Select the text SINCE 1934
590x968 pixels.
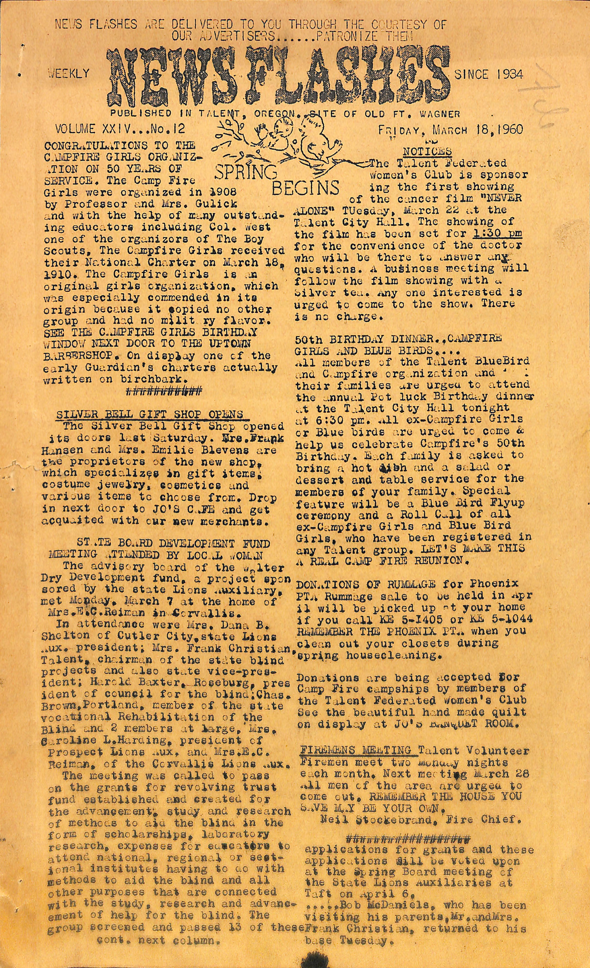(489, 74)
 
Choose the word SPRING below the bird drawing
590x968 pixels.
(246, 172)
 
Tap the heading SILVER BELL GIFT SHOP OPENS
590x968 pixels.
(149, 414)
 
